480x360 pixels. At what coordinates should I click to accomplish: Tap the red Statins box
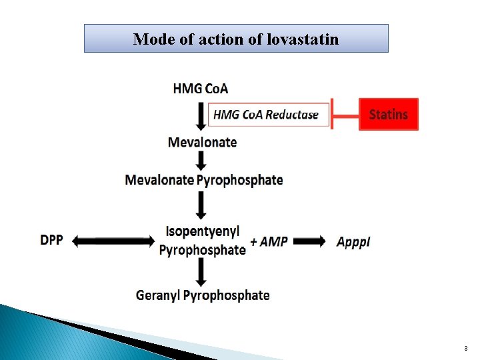pyautogui.click(x=389, y=115)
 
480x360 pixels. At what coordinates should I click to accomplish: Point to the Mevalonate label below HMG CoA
pyautogui.click(x=202, y=142)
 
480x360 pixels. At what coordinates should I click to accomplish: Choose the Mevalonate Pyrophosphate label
pyautogui.click(x=204, y=180)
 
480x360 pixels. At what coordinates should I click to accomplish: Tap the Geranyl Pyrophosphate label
pyautogui.click(x=203, y=295)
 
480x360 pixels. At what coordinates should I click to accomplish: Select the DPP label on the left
pyautogui.click(x=51, y=241)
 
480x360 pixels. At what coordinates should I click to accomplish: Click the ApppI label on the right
pyautogui.click(x=353, y=242)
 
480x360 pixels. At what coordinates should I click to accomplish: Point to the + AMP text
pyautogui.click(x=269, y=241)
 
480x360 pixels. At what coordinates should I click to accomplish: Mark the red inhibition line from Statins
pyautogui.click(x=345, y=115)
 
